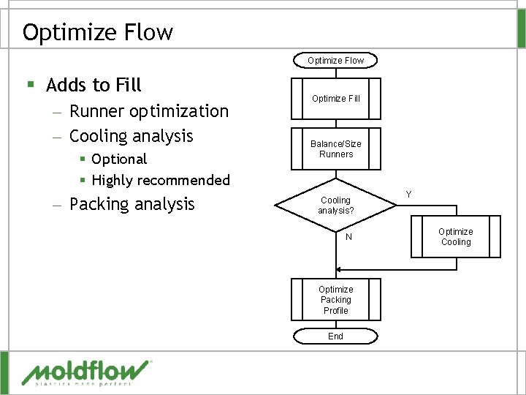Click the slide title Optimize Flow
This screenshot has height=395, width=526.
point(98,32)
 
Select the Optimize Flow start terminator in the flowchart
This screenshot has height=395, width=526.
point(335,60)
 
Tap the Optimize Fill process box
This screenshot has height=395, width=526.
point(335,99)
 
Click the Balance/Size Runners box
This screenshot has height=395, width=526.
point(335,148)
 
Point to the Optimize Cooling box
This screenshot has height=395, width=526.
point(455,237)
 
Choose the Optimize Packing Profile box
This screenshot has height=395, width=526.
point(335,300)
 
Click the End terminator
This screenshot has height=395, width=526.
point(335,336)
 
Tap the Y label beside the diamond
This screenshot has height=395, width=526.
point(408,194)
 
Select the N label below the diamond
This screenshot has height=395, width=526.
point(348,237)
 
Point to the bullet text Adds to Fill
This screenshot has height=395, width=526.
point(94,86)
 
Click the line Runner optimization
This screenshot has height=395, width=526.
point(148,111)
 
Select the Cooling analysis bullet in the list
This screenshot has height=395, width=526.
point(131,136)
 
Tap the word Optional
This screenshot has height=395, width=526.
point(119,159)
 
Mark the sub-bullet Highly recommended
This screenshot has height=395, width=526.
point(161,180)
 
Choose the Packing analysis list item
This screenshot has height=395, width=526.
point(131,204)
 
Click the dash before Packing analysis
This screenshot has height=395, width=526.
point(58,205)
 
